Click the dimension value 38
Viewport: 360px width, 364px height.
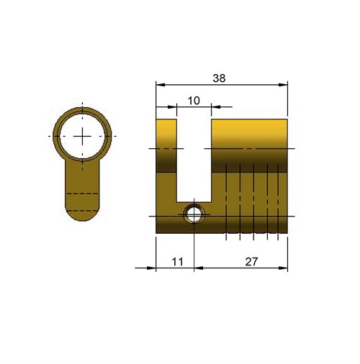pyautogui.click(x=219, y=78)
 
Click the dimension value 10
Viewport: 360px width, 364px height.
pyautogui.click(x=194, y=101)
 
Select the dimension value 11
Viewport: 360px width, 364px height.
pyautogui.click(x=178, y=262)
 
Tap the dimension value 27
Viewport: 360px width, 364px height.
pyautogui.click(x=251, y=262)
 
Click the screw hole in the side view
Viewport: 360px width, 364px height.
pyautogui.click(x=194, y=214)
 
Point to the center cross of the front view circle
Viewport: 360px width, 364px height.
pyautogui.click(x=82, y=136)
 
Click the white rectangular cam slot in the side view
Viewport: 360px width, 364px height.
pyautogui.click(x=194, y=160)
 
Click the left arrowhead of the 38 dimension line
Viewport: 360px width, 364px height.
pyautogui.click(x=161, y=85)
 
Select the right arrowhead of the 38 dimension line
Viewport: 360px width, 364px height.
pyautogui.click(x=283, y=85)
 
